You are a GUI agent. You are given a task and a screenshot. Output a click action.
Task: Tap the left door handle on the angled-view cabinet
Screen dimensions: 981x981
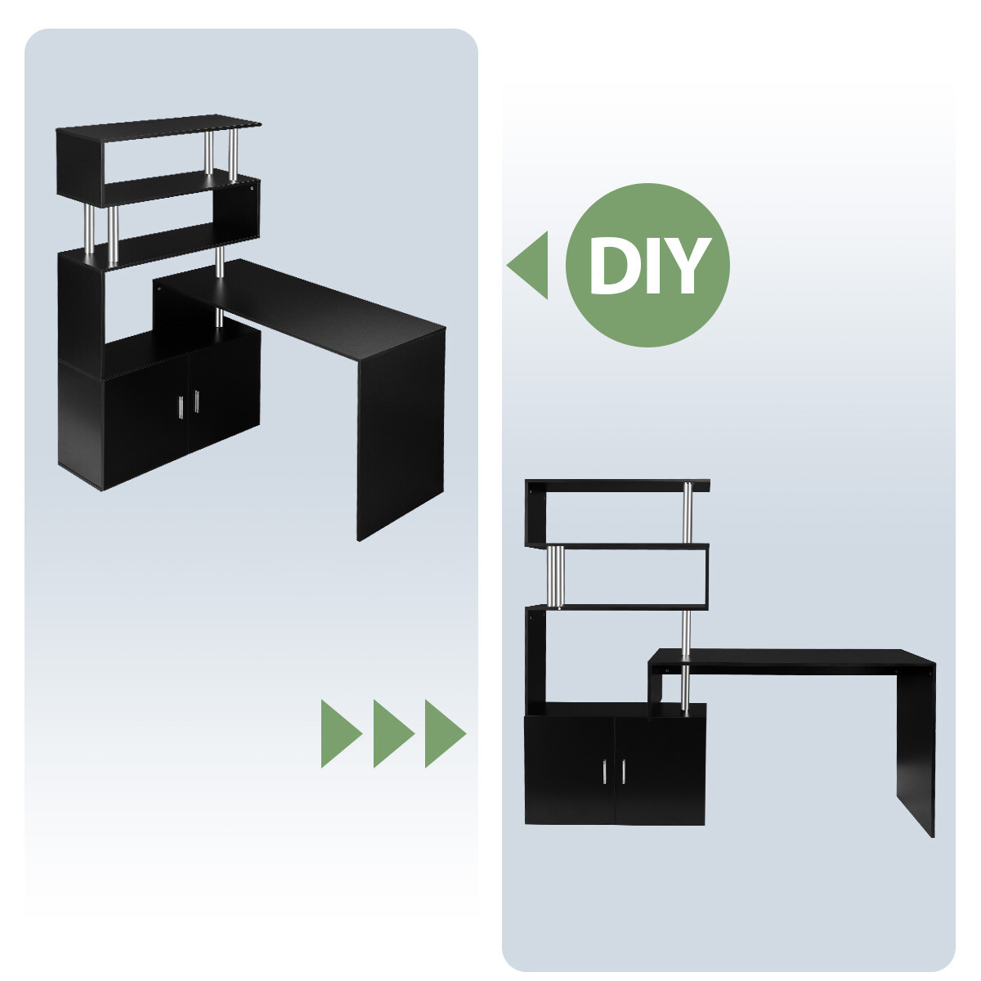click(181, 407)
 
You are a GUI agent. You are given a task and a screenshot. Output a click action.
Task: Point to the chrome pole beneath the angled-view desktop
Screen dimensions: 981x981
click(218, 317)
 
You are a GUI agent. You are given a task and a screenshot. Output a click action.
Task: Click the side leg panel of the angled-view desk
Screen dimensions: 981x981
click(401, 434)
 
